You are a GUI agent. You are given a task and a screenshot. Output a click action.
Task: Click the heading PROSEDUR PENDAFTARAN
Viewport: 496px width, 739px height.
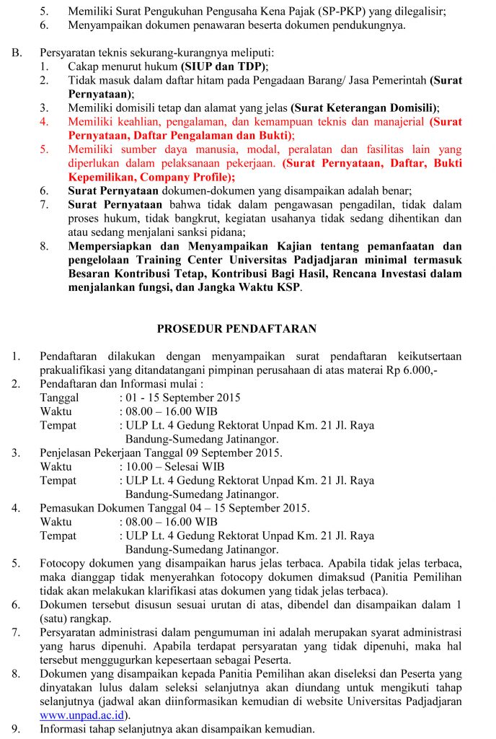(x=237, y=328)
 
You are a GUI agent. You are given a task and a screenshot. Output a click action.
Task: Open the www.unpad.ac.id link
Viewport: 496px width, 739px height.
(x=84, y=715)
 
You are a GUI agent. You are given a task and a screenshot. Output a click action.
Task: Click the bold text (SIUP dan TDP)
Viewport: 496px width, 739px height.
(x=225, y=66)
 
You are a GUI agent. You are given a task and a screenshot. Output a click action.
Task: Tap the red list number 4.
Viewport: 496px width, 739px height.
(x=44, y=121)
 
